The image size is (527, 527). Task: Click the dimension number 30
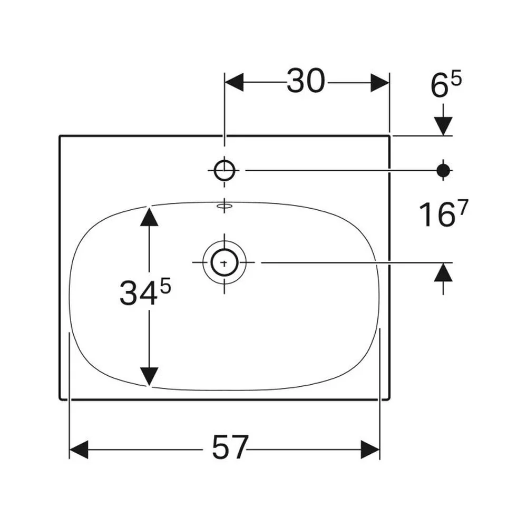coord(306,81)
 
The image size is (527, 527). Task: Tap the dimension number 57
coord(230,447)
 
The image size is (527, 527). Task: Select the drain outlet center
coord(225,262)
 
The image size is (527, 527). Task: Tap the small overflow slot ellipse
coord(225,206)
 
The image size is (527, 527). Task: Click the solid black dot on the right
coord(443,171)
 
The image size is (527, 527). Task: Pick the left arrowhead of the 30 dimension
coord(234,82)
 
